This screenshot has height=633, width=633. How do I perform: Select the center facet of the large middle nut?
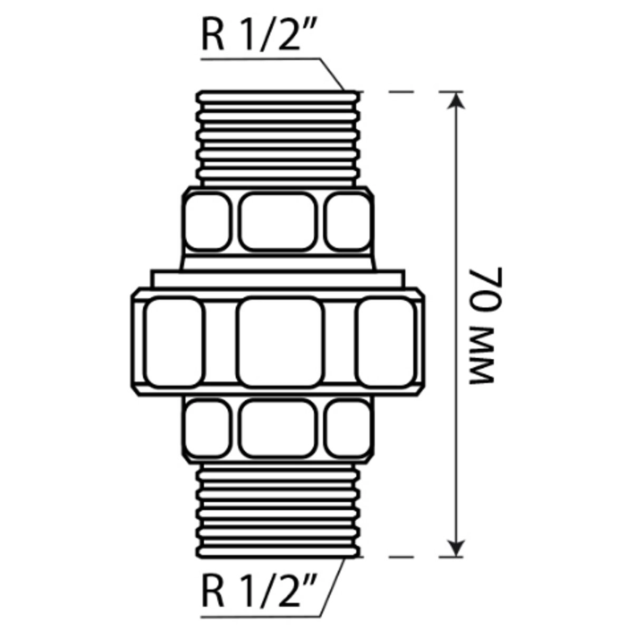click(280, 342)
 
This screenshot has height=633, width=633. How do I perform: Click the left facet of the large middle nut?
click(175, 342)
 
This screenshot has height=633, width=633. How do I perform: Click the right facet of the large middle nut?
click(386, 342)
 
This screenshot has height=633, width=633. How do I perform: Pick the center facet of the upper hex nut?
click(278, 222)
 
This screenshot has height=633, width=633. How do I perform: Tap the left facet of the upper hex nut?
click(207, 222)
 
